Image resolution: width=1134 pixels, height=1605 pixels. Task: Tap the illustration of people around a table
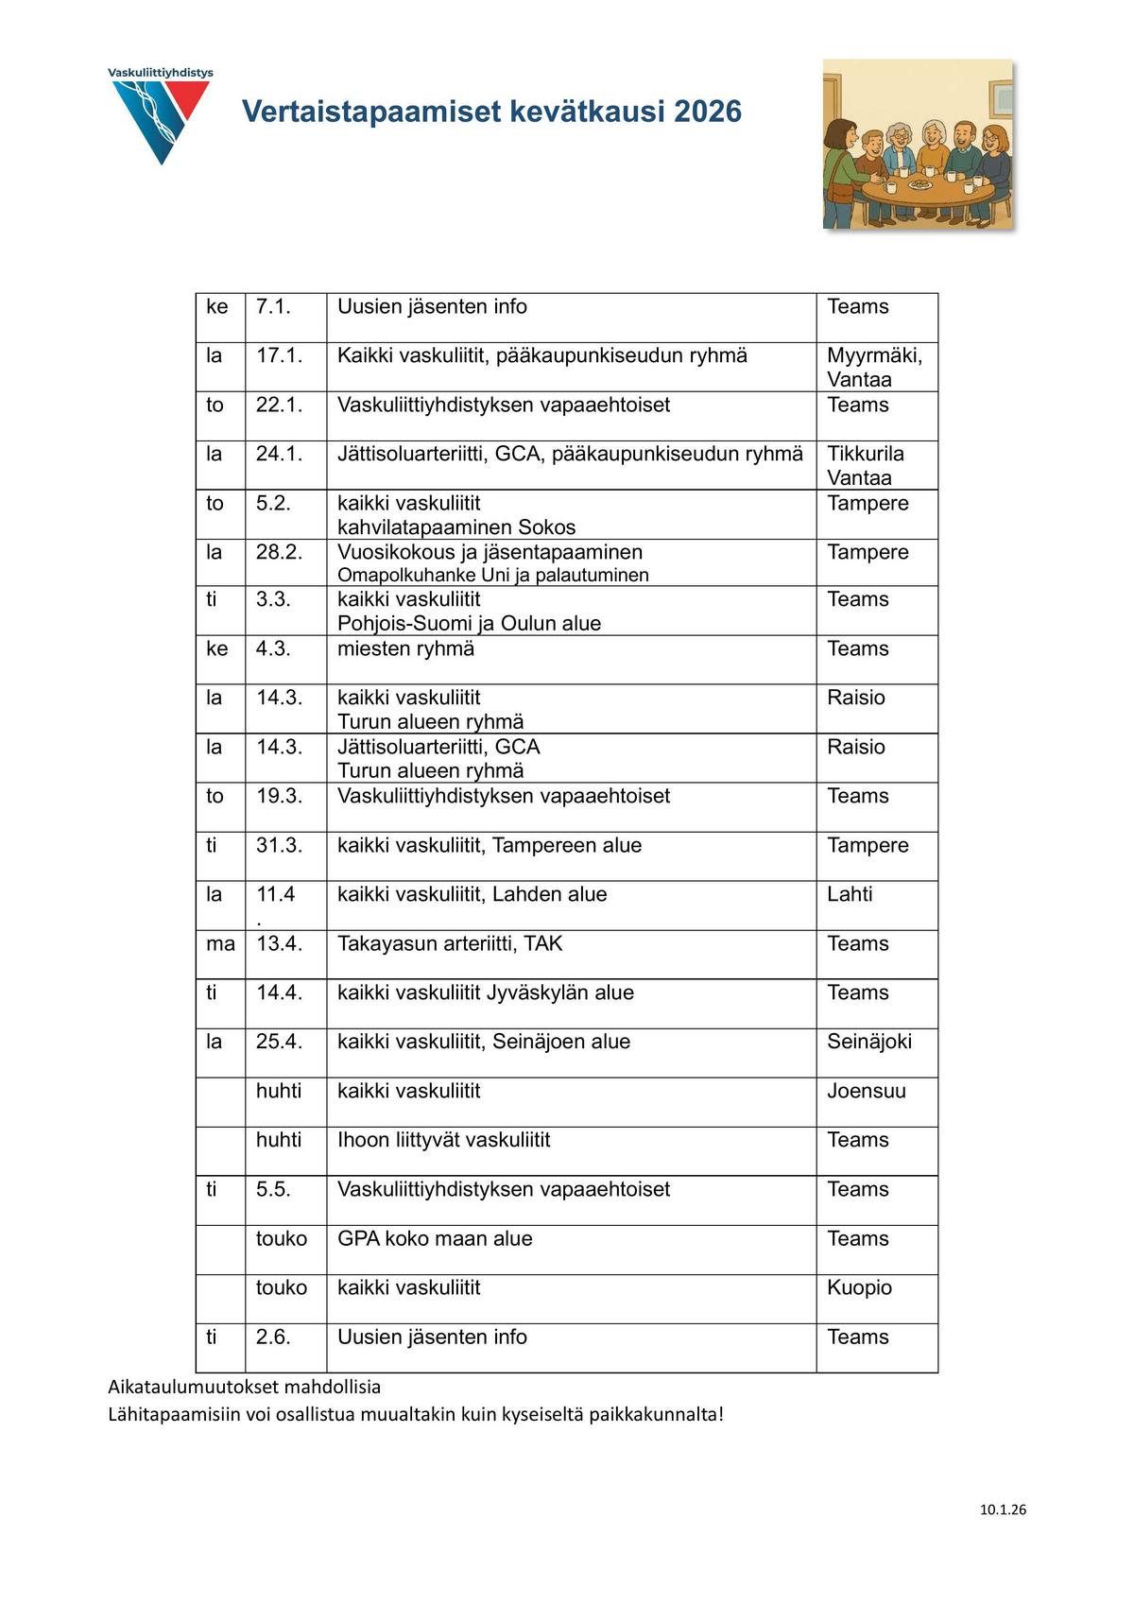(x=918, y=145)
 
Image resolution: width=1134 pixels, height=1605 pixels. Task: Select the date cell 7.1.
(x=273, y=307)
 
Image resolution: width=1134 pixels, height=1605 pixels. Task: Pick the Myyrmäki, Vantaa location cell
(x=874, y=367)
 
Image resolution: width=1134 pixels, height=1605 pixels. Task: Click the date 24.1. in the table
(x=279, y=454)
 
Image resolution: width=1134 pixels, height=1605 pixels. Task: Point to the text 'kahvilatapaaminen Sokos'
(x=456, y=527)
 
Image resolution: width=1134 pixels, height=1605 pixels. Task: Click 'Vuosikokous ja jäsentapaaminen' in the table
(x=490, y=552)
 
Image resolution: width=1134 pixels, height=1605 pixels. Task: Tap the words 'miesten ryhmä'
(x=405, y=648)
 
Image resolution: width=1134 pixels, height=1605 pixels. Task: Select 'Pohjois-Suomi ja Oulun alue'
(x=469, y=624)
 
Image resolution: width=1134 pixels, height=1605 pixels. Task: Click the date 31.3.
(x=279, y=845)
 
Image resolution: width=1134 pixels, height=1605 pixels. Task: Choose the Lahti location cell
(x=850, y=894)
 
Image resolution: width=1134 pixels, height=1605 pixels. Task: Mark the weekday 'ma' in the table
(x=220, y=943)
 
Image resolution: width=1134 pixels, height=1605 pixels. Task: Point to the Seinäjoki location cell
(x=869, y=1042)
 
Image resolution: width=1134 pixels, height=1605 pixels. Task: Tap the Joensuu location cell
(x=867, y=1091)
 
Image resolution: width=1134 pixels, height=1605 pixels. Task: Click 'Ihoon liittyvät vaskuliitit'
(x=443, y=1140)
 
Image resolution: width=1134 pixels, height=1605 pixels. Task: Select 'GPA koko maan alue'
(x=435, y=1238)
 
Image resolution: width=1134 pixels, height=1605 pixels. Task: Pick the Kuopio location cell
(x=859, y=1287)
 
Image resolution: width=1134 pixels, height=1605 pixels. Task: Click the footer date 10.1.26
(x=1003, y=1510)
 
